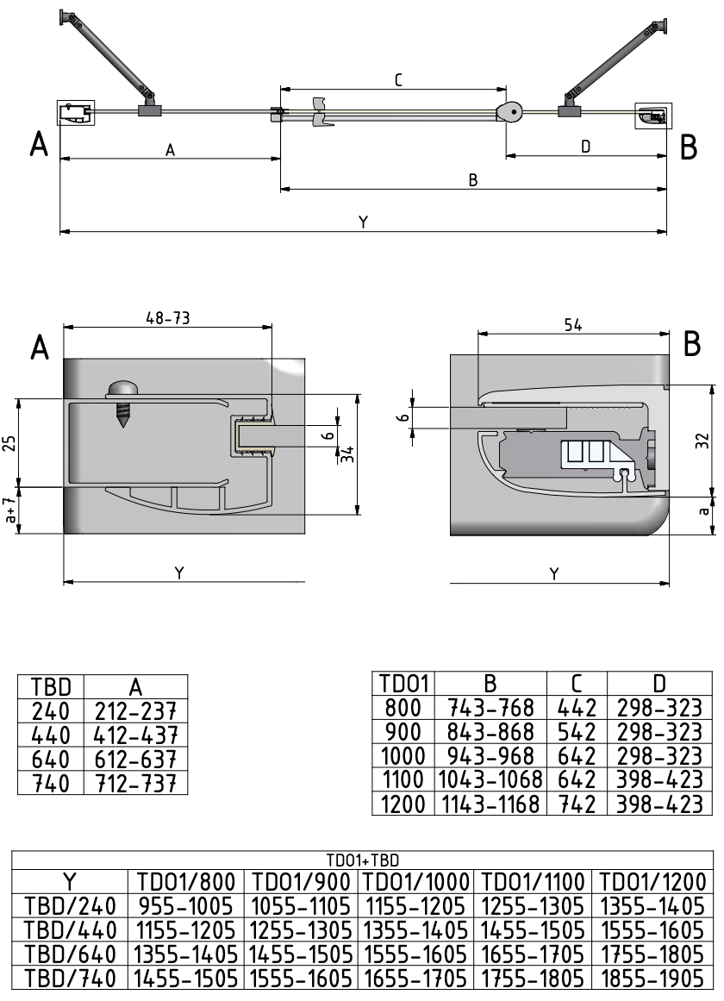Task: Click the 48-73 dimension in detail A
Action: point(168,317)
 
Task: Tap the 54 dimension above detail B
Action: point(573,325)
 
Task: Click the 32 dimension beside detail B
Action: point(702,441)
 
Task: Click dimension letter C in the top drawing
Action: point(398,80)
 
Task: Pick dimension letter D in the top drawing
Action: point(585,147)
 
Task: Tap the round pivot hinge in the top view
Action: point(511,112)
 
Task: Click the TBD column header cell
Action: point(51,687)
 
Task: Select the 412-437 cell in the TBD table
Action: point(136,735)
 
